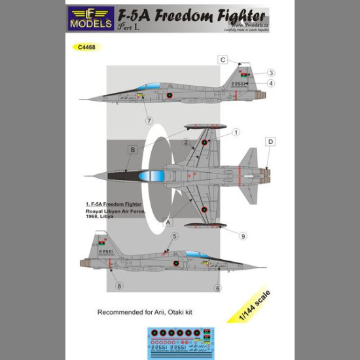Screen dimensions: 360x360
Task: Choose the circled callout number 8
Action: click(x=118, y=285)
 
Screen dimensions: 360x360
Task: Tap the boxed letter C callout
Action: click(x=222, y=60)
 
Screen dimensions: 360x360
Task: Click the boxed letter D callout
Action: click(x=271, y=141)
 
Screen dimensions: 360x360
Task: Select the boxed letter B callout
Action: click(x=133, y=150)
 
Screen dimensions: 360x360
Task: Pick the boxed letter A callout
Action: click(x=172, y=221)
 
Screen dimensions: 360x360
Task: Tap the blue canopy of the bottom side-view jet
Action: click(x=198, y=254)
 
